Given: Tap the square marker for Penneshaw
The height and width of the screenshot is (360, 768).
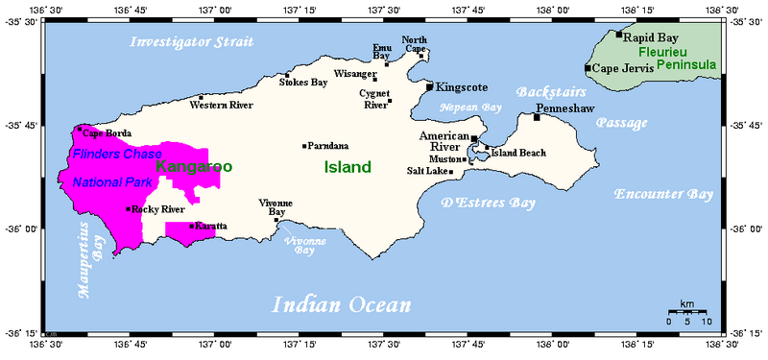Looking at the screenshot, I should [537, 117].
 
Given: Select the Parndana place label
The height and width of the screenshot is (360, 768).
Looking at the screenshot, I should [327, 146].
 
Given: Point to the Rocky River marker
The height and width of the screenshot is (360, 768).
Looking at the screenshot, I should [128, 208].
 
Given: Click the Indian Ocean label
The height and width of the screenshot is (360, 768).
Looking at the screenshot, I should [342, 305].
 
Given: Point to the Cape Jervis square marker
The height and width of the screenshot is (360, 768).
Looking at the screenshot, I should [588, 68].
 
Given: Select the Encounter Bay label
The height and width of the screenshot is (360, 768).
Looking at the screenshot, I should [664, 194].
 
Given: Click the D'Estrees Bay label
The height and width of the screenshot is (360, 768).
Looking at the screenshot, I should [488, 203].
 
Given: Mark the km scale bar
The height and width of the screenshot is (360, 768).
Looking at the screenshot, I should [687, 313].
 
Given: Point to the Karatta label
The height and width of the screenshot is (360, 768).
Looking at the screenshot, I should [212, 226].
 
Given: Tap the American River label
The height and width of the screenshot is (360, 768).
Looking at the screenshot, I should [443, 143].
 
